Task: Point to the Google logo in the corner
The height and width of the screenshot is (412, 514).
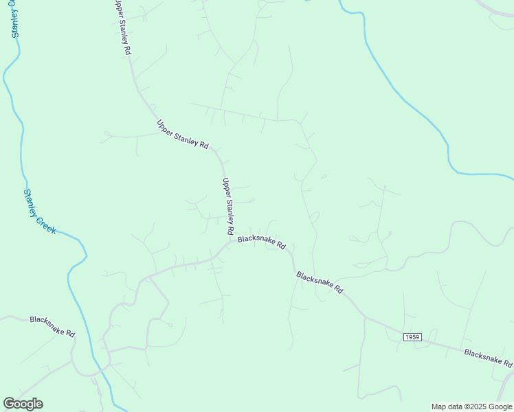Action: click(x=23, y=404)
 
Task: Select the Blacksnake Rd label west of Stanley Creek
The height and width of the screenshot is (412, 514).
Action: click(x=52, y=326)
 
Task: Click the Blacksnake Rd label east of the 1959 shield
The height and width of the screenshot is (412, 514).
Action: click(x=488, y=358)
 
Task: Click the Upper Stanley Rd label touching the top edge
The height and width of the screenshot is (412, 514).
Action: click(x=123, y=27)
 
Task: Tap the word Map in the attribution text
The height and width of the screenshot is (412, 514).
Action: click(x=439, y=407)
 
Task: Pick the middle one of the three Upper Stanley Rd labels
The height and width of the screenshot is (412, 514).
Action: click(x=182, y=135)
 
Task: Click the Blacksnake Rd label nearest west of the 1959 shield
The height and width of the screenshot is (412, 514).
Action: click(x=320, y=282)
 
